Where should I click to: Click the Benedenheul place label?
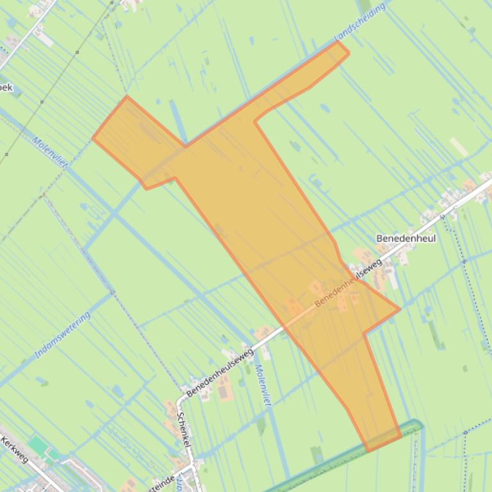point(406,238)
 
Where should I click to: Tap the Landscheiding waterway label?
point(360,22)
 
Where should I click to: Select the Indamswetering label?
point(63,334)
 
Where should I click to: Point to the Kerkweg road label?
point(14,449)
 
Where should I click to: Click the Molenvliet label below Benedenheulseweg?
point(263,385)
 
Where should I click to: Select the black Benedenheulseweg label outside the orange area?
point(220,373)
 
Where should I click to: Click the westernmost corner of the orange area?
point(93,137)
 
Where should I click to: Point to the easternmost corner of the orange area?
point(400,309)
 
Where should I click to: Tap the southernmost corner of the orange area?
point(367,451)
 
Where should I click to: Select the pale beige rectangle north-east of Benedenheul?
point(459,147)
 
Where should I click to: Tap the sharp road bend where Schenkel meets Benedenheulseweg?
point(181,399)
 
